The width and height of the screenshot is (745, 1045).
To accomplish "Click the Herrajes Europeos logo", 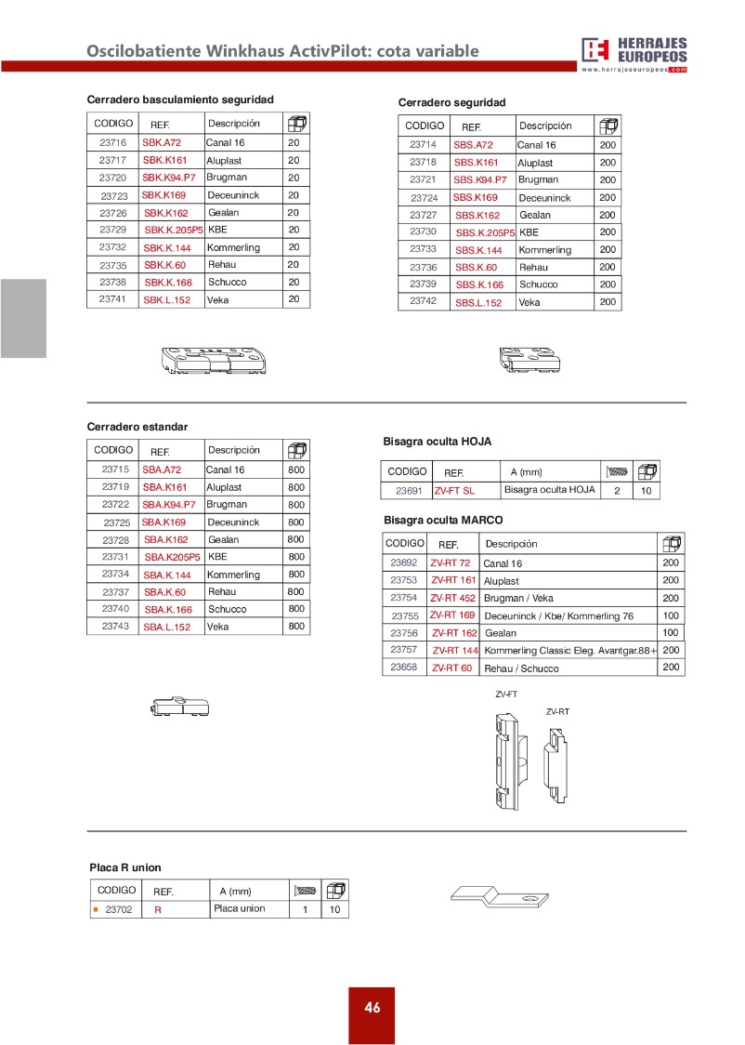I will [x=634, y=50].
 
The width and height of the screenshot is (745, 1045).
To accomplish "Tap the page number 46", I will [x=372, y=1008].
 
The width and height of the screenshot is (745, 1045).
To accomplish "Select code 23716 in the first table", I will [x=112, y=143].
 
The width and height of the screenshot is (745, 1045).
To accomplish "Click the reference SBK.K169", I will [x=163, y=195].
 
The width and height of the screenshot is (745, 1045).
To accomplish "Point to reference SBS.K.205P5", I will [x=484, y=233].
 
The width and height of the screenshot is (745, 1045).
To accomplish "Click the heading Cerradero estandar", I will [x=137, y=427].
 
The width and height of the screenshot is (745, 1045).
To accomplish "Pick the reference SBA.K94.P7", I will [x=168, y=505].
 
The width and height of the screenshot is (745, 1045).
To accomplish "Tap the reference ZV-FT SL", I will [x=454, y=491].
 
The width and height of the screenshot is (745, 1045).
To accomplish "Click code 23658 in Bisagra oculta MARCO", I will [x=404, y=668].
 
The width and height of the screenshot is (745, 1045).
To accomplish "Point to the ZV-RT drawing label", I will [x=557, y=711].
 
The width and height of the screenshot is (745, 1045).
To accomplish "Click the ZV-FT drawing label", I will [x=506, y=694].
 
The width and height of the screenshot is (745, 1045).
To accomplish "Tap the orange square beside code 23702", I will [x=95, y=909].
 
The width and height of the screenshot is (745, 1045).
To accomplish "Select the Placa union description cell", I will [x=239, y=909].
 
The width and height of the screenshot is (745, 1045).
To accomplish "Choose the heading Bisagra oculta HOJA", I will [x=437, y=442].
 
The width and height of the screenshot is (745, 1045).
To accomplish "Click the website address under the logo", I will [x=634, y=70].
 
